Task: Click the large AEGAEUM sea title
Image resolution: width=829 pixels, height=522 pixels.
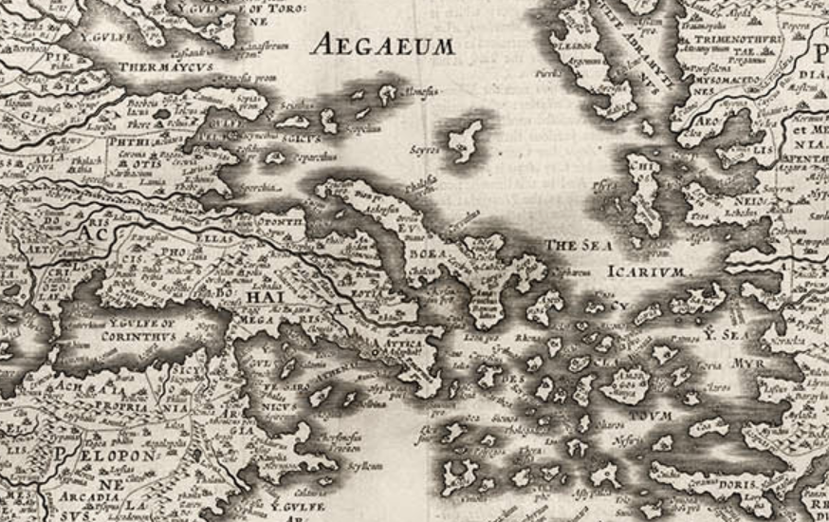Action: pos(384,44)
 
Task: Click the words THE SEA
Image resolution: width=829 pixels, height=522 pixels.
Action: pos(573,245)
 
